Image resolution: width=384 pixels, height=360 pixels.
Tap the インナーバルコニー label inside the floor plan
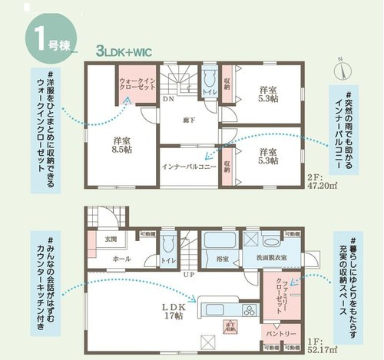189,165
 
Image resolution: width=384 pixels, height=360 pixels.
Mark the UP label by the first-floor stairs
187,275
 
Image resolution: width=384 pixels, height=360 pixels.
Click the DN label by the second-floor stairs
167,99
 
